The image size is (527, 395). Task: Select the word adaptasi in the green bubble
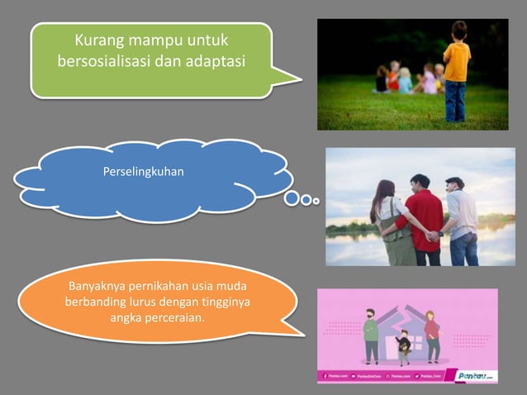(211, 61)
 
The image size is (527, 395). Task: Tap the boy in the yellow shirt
(455, 62)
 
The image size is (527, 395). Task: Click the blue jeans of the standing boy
(454, 101)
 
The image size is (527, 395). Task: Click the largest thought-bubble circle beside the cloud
(292, 198)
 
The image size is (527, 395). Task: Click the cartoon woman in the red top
(430, 335)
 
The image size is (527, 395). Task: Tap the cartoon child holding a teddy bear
(403, 346)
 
